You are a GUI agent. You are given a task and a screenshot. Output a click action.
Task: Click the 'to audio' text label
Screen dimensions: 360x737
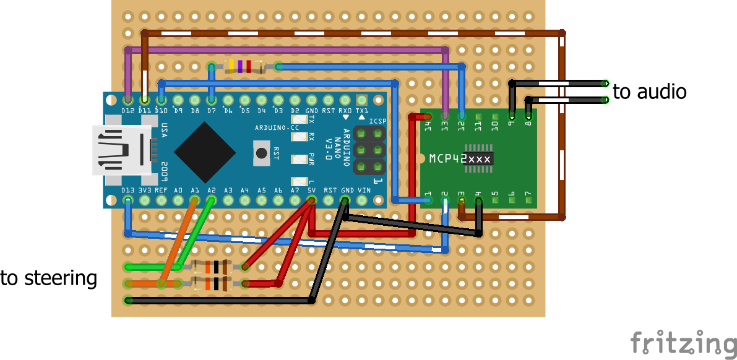(x=649, y=92)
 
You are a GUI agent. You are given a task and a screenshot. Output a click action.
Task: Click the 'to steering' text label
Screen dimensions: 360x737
(x=49, y=278)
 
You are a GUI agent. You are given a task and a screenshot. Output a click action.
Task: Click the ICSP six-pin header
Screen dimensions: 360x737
(x=369, y=150)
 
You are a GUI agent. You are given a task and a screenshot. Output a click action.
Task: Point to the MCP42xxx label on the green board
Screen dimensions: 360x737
(x=460, y=159)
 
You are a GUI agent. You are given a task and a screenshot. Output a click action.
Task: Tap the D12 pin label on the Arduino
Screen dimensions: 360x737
(x=128, y=110)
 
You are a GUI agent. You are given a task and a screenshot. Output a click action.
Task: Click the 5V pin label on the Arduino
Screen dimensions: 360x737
(x=312, y=190)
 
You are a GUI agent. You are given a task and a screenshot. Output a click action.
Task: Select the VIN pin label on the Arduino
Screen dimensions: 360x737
(x=363, y=190)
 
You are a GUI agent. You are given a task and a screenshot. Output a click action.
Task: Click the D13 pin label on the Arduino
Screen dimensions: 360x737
(x=128, y=190)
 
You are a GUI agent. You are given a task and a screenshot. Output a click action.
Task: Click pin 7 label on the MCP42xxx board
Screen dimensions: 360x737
(x=528, y=194)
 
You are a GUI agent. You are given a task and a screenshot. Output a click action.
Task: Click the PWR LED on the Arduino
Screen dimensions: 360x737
(x=300, y=159)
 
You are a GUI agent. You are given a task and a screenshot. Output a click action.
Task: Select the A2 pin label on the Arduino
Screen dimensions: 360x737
(x=212, y=190)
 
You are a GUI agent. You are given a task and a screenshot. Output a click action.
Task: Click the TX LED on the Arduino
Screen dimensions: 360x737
(x=300, y=120)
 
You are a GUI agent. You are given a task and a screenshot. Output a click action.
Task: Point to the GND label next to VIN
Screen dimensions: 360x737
(x=347, y=190)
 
